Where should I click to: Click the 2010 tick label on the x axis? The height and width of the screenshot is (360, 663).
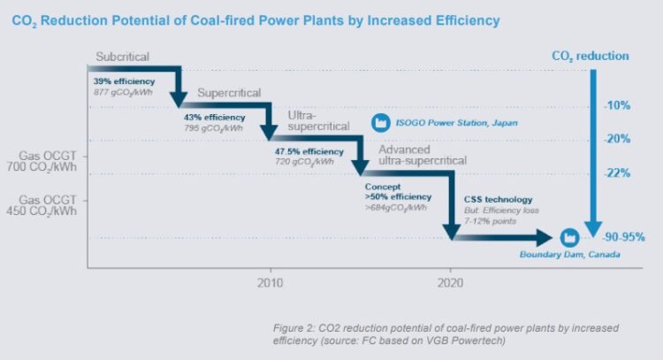click(270, 284)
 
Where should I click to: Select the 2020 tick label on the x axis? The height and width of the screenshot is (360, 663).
click(451, 284)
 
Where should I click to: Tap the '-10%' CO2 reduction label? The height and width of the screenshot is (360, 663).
click(616, 105)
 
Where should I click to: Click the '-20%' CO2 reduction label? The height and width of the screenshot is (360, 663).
click(616, 139)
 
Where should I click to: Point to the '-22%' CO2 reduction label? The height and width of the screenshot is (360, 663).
click(616, 172)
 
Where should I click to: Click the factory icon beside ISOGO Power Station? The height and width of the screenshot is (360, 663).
click(381, 122)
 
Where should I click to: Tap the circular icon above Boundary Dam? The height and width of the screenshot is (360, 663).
click(569, 238)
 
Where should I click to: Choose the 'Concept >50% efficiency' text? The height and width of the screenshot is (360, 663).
click(399, 192)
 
